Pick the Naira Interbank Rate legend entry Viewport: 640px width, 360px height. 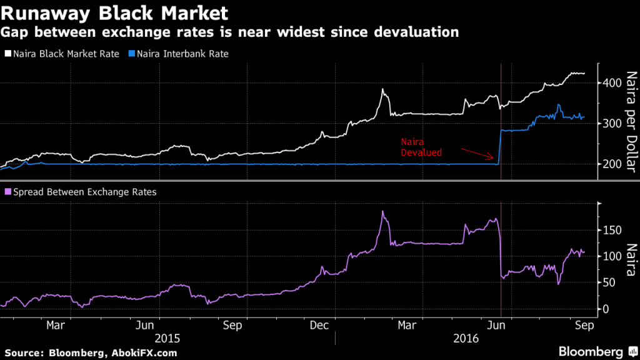pos(178,54)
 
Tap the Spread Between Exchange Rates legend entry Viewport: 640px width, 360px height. pos(80,192)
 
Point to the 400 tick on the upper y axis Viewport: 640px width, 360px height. pos(613,83)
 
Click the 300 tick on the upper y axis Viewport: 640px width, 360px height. pos(613,124)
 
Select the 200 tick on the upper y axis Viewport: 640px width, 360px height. pos(613,164)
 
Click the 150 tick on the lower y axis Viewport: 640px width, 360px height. pos(613,230)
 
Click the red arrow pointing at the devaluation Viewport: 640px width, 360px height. pos(478,154)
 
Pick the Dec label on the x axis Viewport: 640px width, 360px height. pos(319,325)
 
